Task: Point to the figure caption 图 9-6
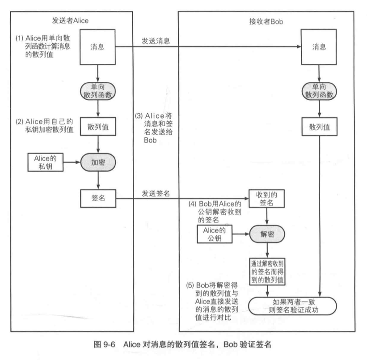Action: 183,345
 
